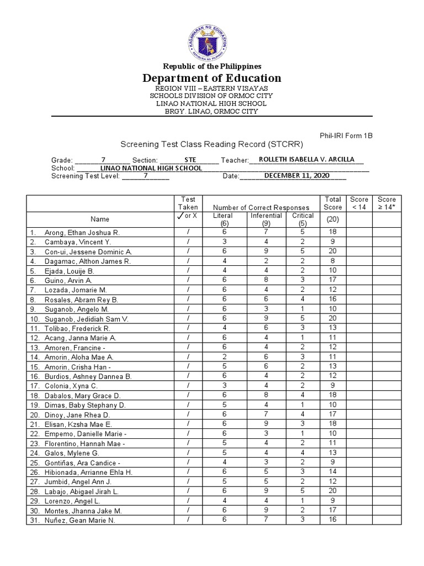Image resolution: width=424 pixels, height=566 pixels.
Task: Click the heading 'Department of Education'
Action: coord(212,78)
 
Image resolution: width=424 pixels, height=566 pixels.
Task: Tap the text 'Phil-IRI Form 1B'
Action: coord(346,135)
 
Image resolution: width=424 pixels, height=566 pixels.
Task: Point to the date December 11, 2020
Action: coord(296,176)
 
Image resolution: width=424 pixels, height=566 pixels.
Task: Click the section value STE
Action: coord(190,160)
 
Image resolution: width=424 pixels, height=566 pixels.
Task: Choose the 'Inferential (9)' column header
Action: coord(266,219)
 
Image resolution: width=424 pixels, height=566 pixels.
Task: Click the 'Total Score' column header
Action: coord(333,203)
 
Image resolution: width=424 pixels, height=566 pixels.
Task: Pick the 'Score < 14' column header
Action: coord(359,203)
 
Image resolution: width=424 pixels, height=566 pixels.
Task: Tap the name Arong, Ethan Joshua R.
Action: coord(82,233)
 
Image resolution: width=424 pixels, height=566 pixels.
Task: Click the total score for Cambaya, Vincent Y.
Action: coord(333,242)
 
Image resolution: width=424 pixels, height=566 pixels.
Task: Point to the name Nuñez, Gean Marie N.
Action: coord(84,521)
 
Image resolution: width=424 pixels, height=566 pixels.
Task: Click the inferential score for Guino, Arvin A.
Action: coord(266,280)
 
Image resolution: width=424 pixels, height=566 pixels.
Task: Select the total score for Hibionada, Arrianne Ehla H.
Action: coord(333,473)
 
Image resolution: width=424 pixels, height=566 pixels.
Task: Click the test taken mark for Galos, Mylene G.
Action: coord(188,453)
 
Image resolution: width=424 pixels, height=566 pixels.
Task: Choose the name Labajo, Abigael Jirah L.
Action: coord(81,491)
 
